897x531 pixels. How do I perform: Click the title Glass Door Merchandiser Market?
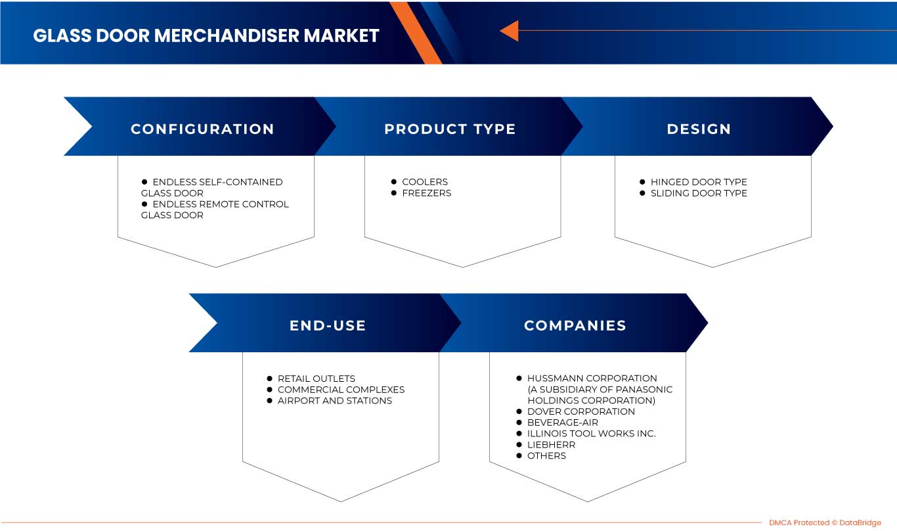[x=206, y=35]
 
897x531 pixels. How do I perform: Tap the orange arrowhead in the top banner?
[x=510, y=31]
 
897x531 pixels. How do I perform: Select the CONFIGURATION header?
[x=202, y=129]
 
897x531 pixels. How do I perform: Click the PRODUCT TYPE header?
[x=450, y=129]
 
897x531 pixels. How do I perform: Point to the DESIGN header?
[x=699, y=129]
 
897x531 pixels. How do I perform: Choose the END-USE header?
[x=328, y=325]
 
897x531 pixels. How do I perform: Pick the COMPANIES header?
[x=575, y=325]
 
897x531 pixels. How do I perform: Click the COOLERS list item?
[x=424, y=182]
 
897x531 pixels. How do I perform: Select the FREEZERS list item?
[x=426, y=193]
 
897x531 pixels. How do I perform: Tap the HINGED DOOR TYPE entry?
[x=698, y=182]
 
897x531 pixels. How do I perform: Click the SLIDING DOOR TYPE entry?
[x=698, y=193]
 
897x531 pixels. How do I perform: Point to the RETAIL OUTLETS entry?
[x=316, y=379]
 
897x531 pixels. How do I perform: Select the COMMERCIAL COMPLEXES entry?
[x=341, y=390]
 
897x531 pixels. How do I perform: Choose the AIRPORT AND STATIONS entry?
[x=334, y=401]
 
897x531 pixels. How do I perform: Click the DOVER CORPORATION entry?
[x=580, y=412]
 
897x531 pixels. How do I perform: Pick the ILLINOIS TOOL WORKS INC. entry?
[x=591, y=434]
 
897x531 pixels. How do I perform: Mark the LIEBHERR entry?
[x=551, y=445]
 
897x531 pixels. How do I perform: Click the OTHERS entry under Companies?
[x=546, y=456]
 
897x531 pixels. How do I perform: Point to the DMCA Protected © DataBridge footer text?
[x=825, y=522]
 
